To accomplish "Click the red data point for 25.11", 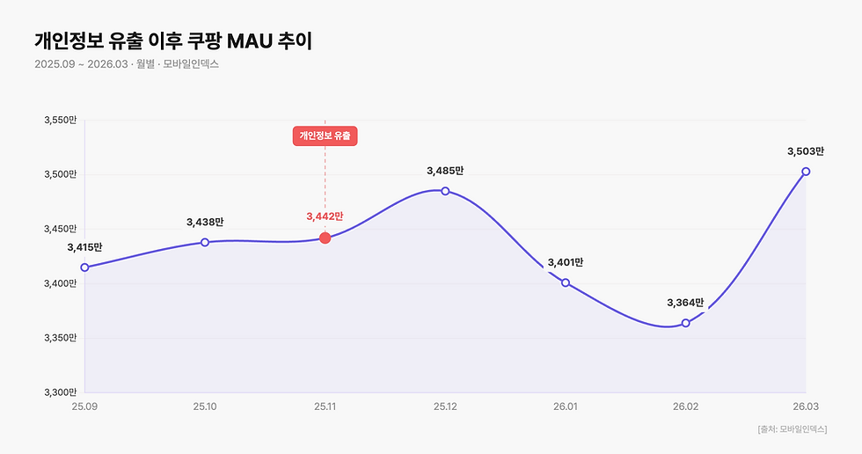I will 325,238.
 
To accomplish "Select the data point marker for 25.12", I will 445,191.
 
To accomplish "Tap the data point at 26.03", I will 806,172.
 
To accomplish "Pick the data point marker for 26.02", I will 686,323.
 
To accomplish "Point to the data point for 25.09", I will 84,267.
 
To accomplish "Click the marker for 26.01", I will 566,282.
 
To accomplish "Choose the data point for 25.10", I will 205,242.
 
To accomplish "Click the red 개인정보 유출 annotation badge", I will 325,135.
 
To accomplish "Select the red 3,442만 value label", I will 325,216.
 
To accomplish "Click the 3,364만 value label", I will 686,303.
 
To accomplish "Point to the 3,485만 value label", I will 445,171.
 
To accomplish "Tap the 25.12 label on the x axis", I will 445,406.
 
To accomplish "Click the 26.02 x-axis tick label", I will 686,406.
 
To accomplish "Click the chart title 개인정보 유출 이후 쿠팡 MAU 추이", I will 173,40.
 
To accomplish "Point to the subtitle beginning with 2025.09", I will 127,64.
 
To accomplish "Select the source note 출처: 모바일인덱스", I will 792,429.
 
